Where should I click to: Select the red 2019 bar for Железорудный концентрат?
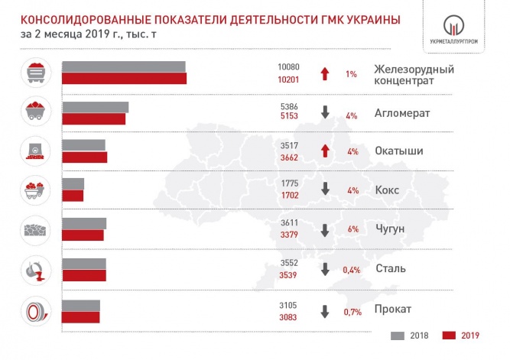coord(124,79)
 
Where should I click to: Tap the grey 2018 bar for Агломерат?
coord(95,107)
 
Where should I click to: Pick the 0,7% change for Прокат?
coord(351,310)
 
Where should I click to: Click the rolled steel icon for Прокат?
coord(34,311)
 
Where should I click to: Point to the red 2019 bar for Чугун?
coord(82,235)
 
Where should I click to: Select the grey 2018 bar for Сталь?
coord(83,264)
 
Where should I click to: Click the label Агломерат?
coord(403,113)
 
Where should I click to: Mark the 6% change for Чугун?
coord(352,229)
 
